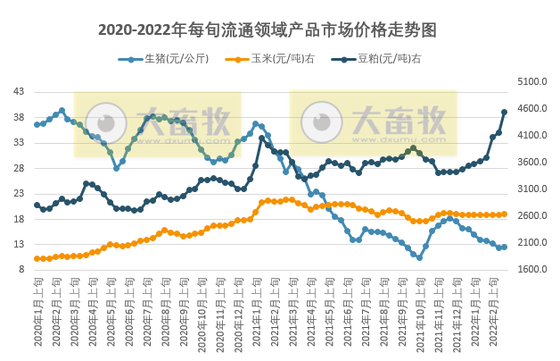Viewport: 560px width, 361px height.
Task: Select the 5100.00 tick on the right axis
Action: [x=531, y=81]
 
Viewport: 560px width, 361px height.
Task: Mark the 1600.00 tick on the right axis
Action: [x=531, y=269]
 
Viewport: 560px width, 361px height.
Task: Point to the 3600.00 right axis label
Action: [x=531, y=162]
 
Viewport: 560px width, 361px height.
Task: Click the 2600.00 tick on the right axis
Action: [x=531, y=215]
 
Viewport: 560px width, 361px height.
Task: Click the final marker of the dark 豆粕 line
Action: [x=504, y=112]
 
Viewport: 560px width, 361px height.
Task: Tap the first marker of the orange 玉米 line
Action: [x=37, y=258]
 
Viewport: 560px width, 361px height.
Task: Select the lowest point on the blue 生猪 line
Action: [x=419, y=257]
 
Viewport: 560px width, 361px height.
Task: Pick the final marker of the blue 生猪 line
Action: [x=504, y=247]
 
